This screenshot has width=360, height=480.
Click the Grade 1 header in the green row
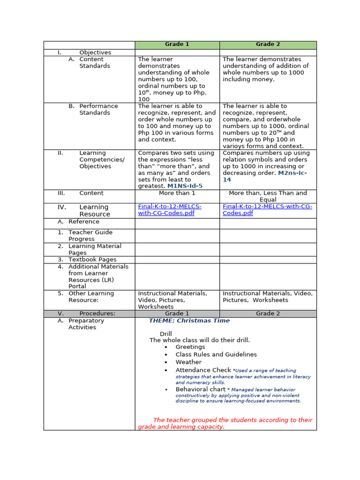pos(177,45)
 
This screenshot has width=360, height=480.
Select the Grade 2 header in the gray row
pos(268,314)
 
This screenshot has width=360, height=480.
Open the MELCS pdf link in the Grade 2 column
pos(267,210)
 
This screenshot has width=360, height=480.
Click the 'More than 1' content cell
pos(177,193)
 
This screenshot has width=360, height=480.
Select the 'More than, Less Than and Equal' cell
pos(268,196)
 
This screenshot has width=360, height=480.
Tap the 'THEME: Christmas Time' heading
pos(189,321)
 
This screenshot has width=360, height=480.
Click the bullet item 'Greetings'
pos(190,347)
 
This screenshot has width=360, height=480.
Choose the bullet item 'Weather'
pos(188,362)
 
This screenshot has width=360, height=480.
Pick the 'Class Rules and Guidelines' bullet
pos(216,354)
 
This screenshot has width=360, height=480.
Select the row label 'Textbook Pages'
pos(92,259)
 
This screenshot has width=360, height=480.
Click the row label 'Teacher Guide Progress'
pos(90,235)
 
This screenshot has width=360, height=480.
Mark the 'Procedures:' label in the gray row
pos(97,314)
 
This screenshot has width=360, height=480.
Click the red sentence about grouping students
pos(225,423)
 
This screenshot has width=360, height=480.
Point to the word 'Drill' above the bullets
pos(166,334)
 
